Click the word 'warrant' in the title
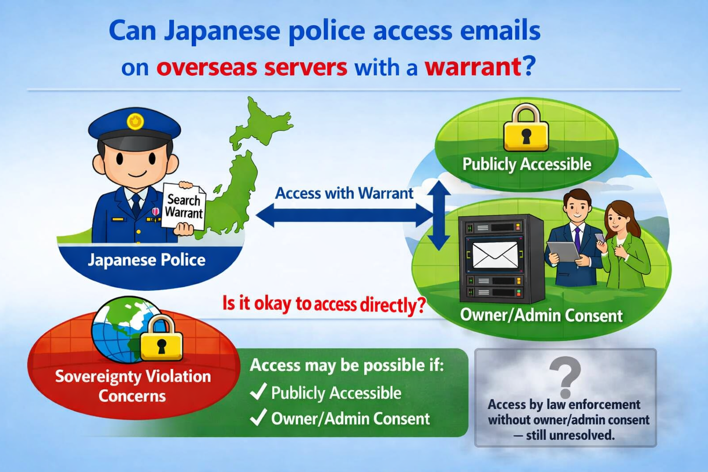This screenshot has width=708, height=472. pyautogui.click(x=472, y=66)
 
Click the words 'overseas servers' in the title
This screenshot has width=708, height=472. pyautogui.click(x=252, y=67)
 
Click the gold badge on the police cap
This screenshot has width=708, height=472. pyautogui.click(x=135, y=121)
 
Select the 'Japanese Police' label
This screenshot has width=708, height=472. pyautogui.click(x=147, y=260)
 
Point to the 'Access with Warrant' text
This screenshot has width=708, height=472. pyautogui.click(x=344, y=193)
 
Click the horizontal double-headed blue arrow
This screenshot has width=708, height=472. pyautogui.click(x=344, y=215)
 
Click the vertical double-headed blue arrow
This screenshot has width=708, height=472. pyautogui.click(x=439, y=215)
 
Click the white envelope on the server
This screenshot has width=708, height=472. pyautogui.click(x=495, y=255)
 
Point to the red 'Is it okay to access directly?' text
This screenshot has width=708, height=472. pyautogui.click(x=324, y=304)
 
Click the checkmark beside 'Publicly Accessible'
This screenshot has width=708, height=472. pyautogui.click(x=258, y=391)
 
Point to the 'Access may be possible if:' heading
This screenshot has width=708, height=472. pyautogui.click(x=347, y=366)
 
